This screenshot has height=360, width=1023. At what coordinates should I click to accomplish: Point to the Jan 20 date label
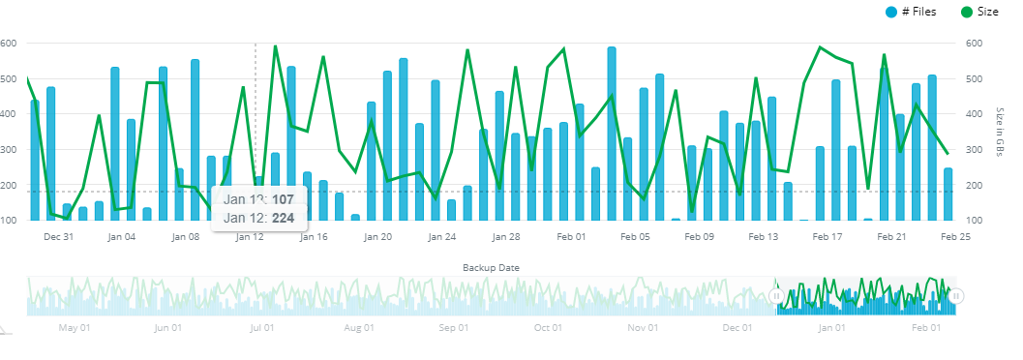point(378,236)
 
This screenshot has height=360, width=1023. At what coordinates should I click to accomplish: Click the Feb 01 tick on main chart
point(572,236)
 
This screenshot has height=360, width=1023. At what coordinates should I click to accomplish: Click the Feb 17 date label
point(827,236)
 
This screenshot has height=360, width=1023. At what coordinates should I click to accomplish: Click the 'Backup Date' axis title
point(492,266)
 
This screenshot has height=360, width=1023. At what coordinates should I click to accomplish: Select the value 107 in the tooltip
point(283,198)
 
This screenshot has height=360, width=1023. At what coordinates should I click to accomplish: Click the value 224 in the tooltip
point(283,218)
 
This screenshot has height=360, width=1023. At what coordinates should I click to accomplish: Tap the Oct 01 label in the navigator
point(548,328)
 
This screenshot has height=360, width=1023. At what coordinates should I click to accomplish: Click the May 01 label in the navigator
point(74,328)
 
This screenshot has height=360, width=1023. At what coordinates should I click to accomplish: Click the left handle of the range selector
point(776,296)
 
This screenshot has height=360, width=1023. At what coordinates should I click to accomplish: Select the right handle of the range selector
point(957,296)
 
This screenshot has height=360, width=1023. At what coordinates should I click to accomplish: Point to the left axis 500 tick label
point(7,78)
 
